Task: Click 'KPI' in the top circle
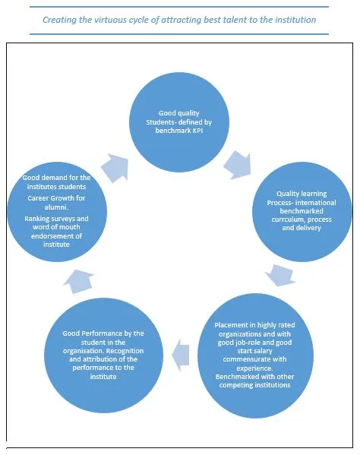pos(197,131)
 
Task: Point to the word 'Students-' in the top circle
pos(161,122)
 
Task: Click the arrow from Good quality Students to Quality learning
pos(238,165)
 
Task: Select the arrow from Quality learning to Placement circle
pos(280,275)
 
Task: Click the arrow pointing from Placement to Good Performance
pos(181,355)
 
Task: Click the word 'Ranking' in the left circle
pos(36,219)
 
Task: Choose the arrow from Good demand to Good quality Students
pos(115,168)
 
